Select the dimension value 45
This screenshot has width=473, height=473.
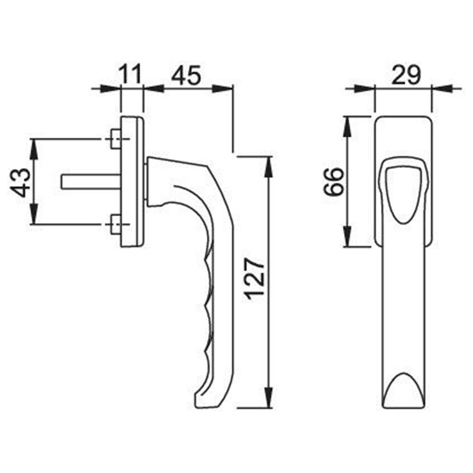(x=186, y=75)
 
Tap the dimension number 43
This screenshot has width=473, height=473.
(x=20, y=183)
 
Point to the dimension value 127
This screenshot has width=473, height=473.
(x=255, y=279)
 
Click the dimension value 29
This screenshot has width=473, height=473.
(x=405, y=75)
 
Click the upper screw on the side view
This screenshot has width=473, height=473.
(x=115, y=139)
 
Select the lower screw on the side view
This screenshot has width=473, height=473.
(x=115, y=224)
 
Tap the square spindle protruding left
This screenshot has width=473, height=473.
(x=91, y=182)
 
